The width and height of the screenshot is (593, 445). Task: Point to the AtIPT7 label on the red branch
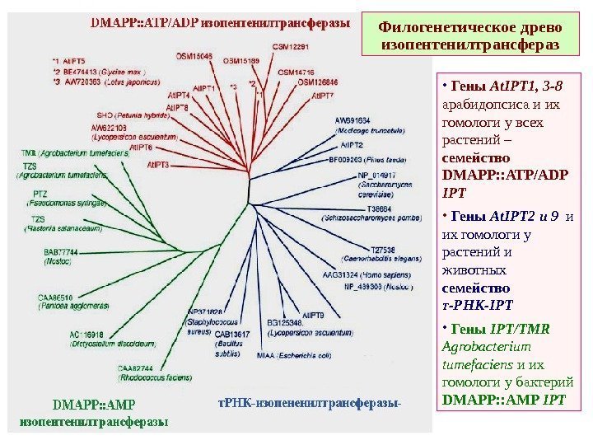click(x=323, y=96)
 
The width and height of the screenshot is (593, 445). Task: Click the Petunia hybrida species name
click(x=142, y=117)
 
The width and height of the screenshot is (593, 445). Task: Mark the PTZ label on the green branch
click(x=40, y=193)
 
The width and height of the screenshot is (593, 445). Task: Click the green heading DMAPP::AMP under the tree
click(x=92, y=405)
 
